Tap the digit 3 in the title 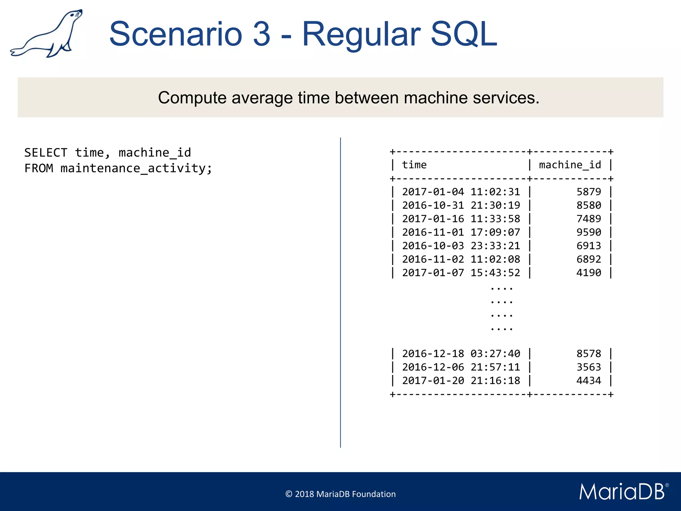point(262,34)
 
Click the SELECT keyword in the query point(46,153)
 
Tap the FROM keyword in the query point(39,168)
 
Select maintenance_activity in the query point(133,168)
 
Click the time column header point(414,165)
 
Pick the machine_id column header point(570,165)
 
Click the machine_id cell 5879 point(589,192)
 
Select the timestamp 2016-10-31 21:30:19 point(461,205)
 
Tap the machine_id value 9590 point(589,232)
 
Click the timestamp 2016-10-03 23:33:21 point(461,246)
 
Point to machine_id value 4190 point(589,273)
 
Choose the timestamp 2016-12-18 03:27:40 point(461,354)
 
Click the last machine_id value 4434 point(589,381)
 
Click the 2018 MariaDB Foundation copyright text point(340,494)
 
